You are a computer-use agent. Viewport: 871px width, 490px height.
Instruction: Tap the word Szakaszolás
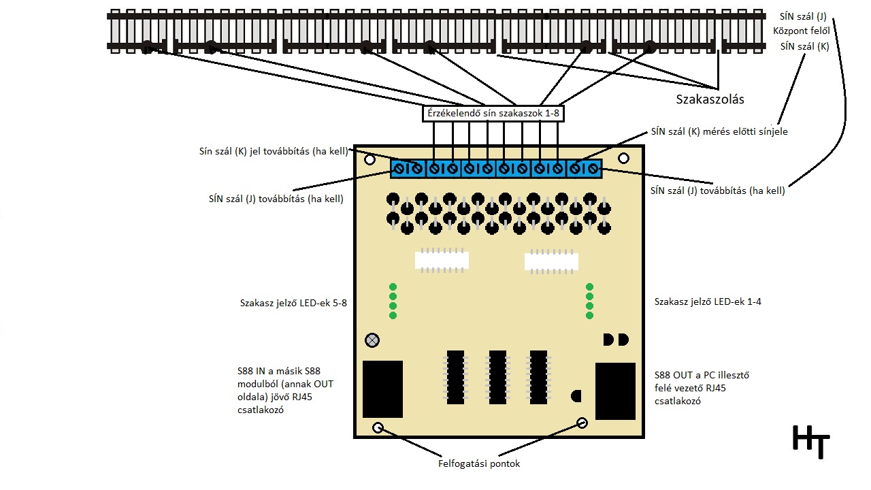coord(710,99)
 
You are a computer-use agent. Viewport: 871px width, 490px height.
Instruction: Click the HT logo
coord(811,441)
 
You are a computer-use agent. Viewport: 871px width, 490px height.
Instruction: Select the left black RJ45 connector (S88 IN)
coord(382,389)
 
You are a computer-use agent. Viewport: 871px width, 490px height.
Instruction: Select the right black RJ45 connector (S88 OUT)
coord(615,391)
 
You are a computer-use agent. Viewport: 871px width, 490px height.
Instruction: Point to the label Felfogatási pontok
coord(479,464)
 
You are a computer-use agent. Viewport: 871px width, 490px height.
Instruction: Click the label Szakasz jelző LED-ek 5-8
coord(293,303)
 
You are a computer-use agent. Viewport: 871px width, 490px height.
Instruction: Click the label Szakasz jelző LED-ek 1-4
coord(708,301)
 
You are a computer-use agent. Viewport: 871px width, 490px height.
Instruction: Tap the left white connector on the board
coord(442,261)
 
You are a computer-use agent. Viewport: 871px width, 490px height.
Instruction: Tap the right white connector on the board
coord(551,262)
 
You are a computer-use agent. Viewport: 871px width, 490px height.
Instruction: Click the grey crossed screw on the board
coord(372,340)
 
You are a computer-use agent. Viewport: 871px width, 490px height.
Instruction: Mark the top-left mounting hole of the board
coord(369,160)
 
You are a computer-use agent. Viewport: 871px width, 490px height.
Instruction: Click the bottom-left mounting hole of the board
coord(378,428)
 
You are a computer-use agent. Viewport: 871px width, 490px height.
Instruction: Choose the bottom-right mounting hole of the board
coord(582,423)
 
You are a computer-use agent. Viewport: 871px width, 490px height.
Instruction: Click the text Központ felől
coord(801,31)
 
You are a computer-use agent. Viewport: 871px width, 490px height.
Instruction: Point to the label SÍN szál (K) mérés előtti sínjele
coord(719,131)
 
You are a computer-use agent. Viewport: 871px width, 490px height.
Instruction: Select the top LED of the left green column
coord(393,287)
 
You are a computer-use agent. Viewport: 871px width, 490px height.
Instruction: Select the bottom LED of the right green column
coord(589,315)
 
